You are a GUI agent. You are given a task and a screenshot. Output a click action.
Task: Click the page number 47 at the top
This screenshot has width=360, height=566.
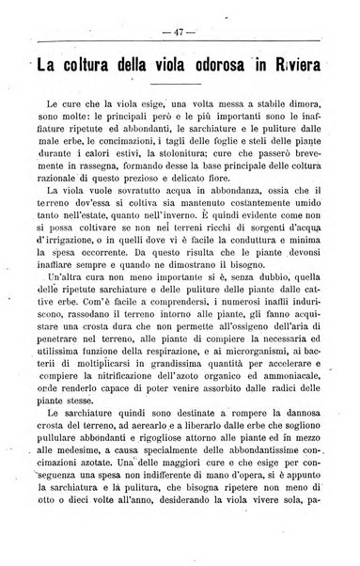[x=180, y=32]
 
